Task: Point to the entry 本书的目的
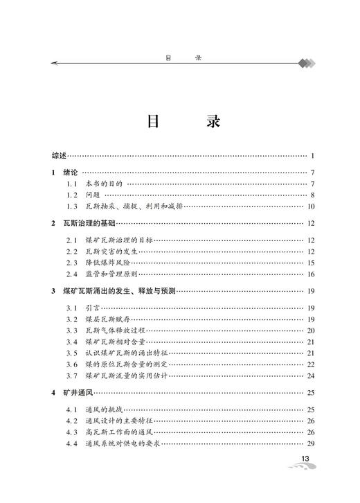tap(103, 184)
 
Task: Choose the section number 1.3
tap(71, 206)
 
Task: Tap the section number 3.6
tap(71, 364)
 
